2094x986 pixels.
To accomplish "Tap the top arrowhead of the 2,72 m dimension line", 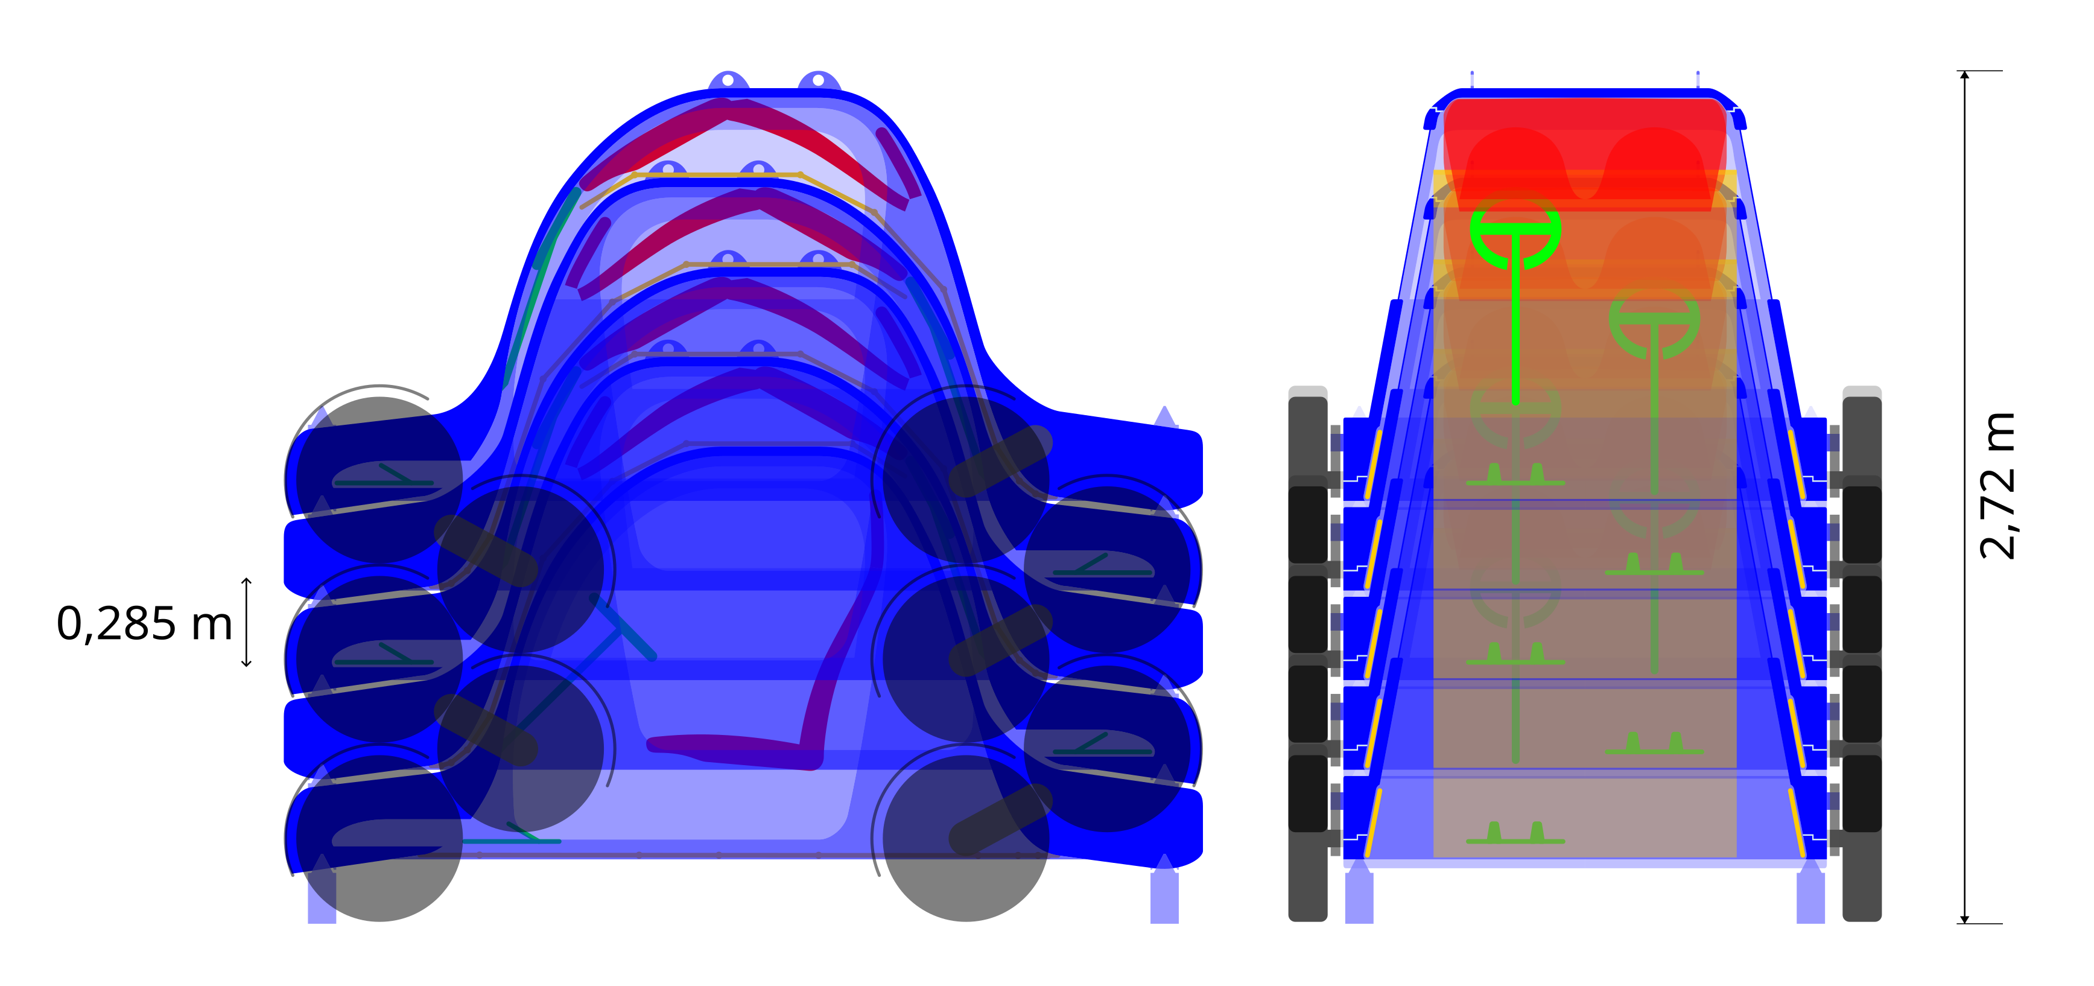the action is click(1965, 75).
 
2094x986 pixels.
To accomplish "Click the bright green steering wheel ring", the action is click(1515, 232).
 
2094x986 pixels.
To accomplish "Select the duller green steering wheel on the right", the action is click(1654, 323).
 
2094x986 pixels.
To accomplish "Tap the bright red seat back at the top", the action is click(1585, 154).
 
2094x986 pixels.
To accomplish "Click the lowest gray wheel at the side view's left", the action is click(379, 862).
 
